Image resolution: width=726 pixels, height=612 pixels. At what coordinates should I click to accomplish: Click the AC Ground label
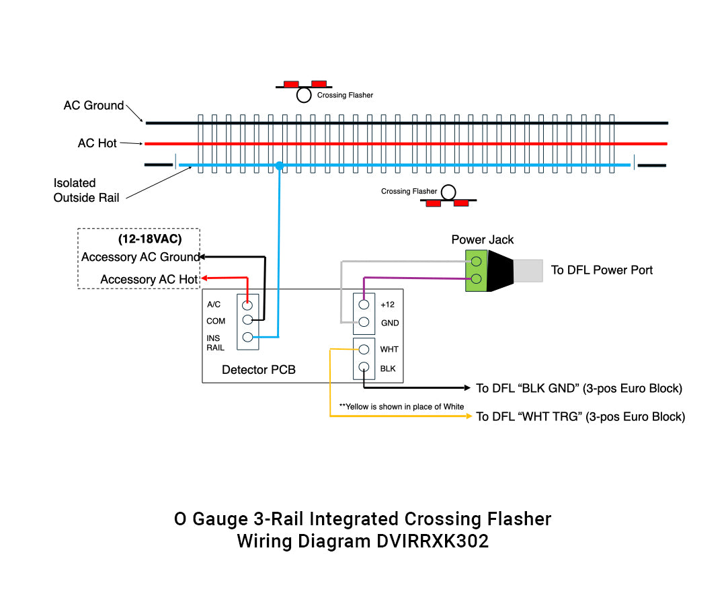tap(93, 106)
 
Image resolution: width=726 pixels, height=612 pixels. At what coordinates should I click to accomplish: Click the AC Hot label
tap(97, 143)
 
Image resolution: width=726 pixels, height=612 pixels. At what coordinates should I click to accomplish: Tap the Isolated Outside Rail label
tap(86, 190)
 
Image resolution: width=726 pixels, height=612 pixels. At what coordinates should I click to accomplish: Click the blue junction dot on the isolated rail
tap(279, 165)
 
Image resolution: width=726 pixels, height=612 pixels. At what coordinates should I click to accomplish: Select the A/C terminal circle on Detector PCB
tap(247, 305)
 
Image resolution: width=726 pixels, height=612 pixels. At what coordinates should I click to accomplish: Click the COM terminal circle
tap(247, 320)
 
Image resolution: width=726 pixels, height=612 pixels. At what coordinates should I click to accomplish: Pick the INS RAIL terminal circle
tap(247, 338)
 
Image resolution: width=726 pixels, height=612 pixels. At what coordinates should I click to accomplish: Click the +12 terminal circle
tap(364, 305)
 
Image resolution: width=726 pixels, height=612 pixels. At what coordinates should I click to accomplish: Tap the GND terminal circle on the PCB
tap(364, 322)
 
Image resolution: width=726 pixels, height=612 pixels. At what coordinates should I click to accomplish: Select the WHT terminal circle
tap(364, 349)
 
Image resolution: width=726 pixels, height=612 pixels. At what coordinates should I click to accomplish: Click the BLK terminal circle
tap(364, 367)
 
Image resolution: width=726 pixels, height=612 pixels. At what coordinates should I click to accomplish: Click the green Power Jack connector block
tap(476, 270)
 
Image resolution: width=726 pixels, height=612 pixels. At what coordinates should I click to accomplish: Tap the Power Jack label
tap(482, 239)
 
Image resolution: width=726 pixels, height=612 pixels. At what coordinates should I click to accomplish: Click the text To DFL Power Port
tap(602, 270)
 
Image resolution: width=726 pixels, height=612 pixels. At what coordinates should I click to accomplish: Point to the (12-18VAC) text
tap(149, 239)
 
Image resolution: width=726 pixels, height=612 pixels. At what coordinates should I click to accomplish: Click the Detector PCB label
tap(258, 370)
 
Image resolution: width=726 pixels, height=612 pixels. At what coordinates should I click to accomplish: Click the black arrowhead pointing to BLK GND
tap(469, 388)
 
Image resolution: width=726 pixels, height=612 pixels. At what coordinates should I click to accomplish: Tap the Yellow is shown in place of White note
tap(401, 406)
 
